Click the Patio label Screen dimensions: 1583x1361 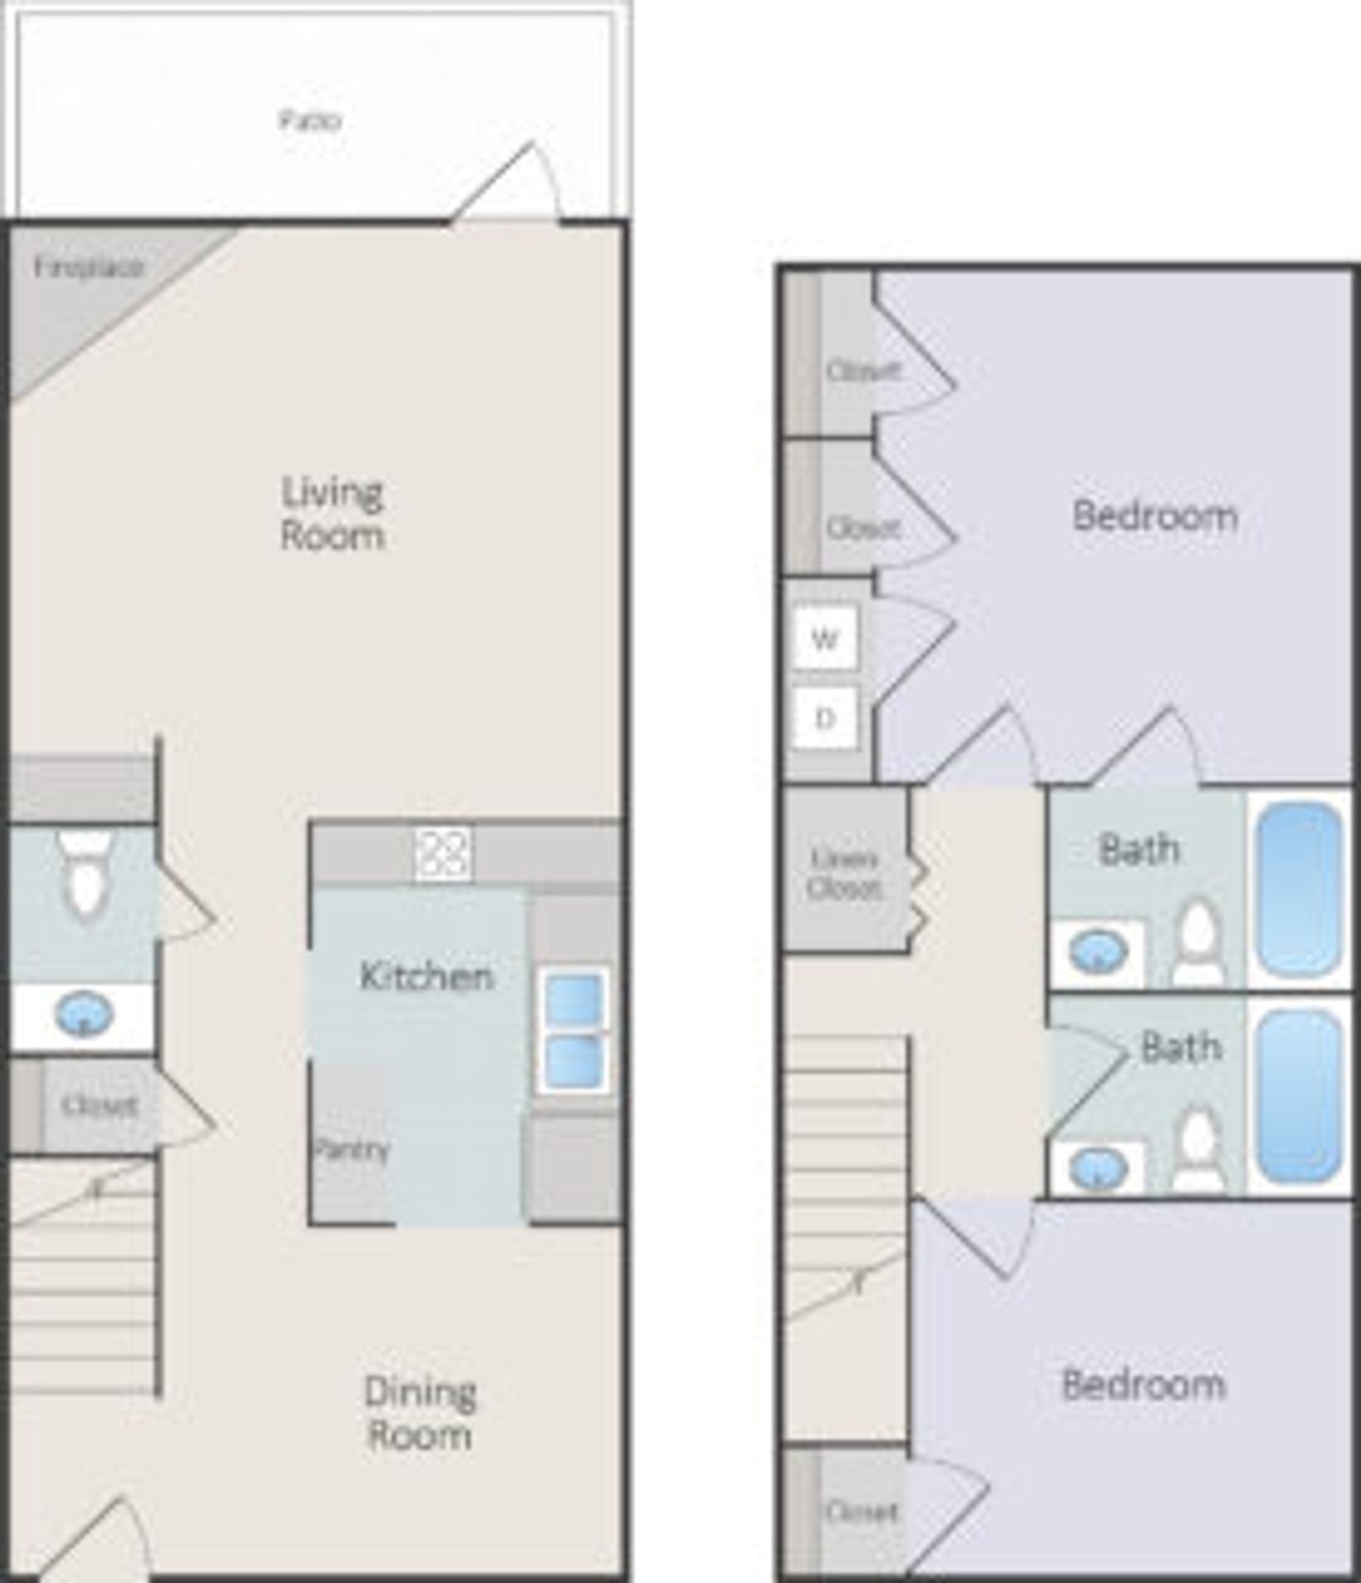coord(310,121)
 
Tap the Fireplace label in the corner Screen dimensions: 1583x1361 coord(89,267)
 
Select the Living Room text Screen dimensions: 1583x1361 coord(332,513)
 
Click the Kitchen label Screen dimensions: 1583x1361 coord(426,976)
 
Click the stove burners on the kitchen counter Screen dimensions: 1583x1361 coord(443,853)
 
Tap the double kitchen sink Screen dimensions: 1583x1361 coord(574,1029)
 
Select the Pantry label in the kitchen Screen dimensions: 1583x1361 coord(351,1148)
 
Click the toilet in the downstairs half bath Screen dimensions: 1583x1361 coord(85,874)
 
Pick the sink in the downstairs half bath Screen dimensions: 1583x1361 coord(82,1015)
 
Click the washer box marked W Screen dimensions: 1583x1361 coord(824,638)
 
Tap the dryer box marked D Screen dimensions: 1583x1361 coord(824,718)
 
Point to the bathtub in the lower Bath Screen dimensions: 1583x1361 coord(1297,1095)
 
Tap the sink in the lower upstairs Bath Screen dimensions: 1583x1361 coord(1097,1167)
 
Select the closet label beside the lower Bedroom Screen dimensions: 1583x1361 coord(860,1511)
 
